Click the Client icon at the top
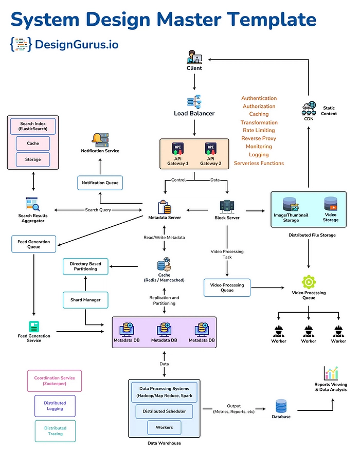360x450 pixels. point(194,56)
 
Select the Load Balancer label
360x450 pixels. point(194,113)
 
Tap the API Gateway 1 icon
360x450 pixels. point(177,149)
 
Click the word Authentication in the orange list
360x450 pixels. point(259,98)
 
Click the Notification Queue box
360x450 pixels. point(100,183)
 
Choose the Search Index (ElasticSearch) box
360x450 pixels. point(33,127)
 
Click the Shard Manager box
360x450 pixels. point(85,300)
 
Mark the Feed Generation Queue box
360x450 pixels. point(33,243)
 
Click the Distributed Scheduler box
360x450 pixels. point(165,411)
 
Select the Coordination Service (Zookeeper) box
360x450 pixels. point(55,381)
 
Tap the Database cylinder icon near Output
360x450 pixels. point(281,406)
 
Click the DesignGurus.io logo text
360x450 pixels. point(76,45)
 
